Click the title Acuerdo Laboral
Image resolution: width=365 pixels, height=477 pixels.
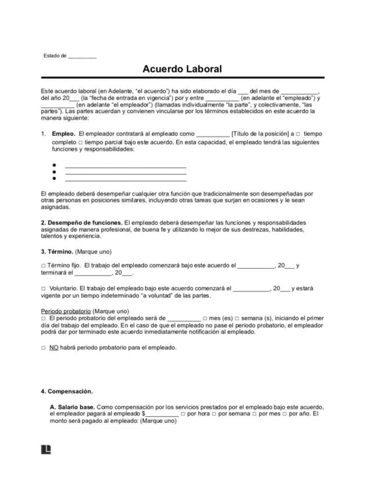point(182,69)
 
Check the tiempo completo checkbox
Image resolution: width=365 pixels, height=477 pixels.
point(297,134)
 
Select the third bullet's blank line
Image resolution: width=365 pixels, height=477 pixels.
point(126,178)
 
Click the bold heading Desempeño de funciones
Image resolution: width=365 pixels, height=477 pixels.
point(82,223)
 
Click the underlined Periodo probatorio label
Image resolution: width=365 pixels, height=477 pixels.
point(66,311)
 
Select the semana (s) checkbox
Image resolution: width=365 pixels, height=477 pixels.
point(237,318)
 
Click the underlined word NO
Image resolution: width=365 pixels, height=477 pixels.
point(54,348)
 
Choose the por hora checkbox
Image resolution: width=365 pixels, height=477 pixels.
point(183,414)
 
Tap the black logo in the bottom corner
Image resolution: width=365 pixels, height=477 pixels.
point(46,449)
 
